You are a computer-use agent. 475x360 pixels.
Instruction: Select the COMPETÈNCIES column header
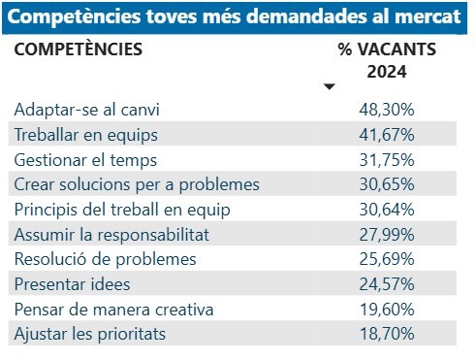pos(78,49)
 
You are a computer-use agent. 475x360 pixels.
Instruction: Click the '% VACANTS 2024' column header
pos(387,60)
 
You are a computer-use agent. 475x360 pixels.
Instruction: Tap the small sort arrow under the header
pos(330,87)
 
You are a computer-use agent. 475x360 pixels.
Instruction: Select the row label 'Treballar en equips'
pos(86,134)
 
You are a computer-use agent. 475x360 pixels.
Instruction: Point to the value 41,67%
pos(387,134)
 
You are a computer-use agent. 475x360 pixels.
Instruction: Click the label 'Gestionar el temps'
pos(85,159)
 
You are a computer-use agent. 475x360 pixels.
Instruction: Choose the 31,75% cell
pos(387,159)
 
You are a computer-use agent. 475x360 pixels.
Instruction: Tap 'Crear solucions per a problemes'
pos(137,184)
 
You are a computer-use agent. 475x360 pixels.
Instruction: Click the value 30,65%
pos(387,184)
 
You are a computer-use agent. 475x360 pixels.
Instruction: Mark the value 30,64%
pos(387,210)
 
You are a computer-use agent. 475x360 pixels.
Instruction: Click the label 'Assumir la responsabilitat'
pos(111,234)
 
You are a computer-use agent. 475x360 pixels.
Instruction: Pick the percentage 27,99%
pos(387,234)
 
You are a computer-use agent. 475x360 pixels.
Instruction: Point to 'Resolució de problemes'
pos(106,259)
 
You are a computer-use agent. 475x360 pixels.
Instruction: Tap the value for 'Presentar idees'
pos(387,284)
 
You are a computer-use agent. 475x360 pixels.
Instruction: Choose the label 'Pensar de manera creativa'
pos(115,310)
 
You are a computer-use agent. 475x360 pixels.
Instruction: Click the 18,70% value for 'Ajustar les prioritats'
pos(387,335)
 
